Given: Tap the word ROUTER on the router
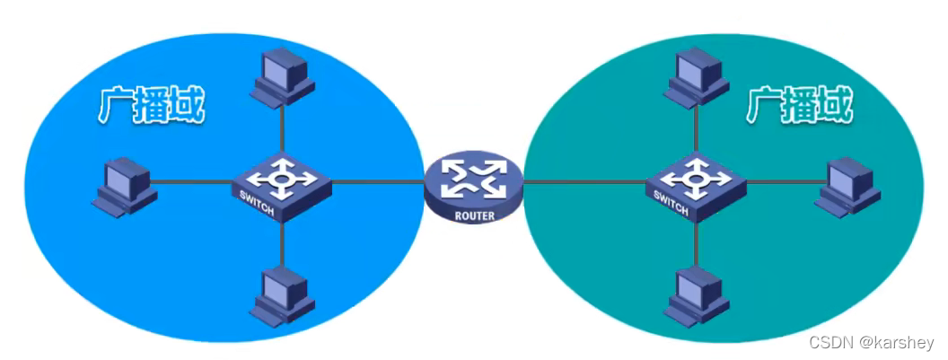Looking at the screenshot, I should [473, 215].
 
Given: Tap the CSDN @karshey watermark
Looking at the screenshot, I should [871, 343].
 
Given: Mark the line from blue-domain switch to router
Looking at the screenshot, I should [377, 182].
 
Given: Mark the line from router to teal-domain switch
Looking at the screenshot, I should [584, 182].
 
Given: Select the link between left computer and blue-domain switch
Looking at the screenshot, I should [193, 182].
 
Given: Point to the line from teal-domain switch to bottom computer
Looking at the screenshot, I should [696, 242].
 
